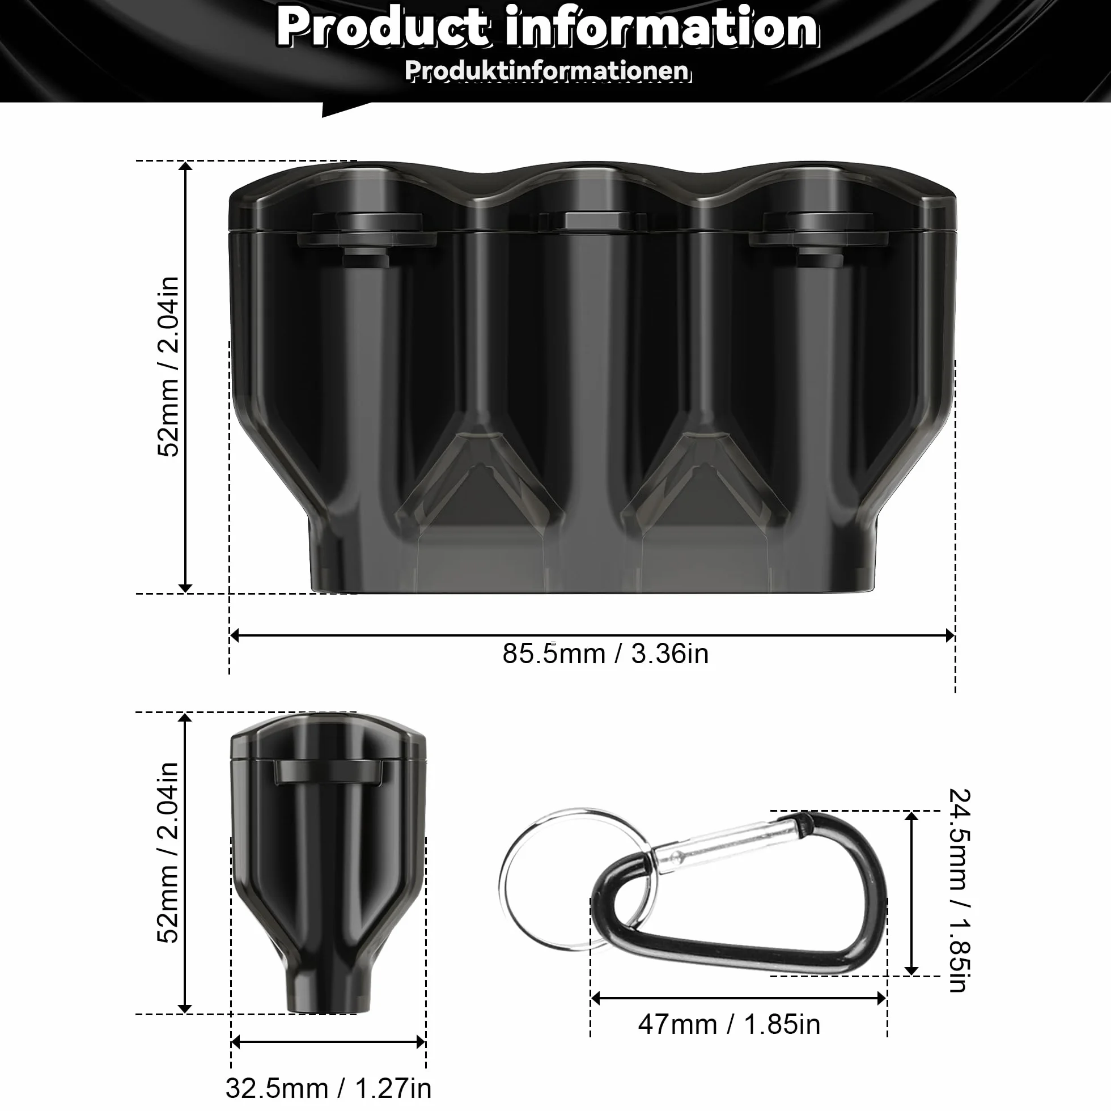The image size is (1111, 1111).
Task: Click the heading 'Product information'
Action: (548, 27)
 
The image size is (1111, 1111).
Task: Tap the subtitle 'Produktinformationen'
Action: (548, 70)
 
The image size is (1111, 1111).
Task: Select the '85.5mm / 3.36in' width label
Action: (605, 654)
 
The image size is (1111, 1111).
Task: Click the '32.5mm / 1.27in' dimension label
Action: (328, 1087)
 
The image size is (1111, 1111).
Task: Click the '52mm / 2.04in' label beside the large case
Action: (168, 367)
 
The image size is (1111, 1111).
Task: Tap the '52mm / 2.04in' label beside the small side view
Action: (168, 853)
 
